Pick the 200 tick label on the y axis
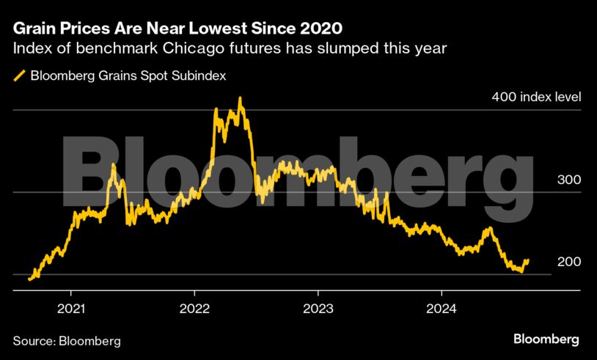568,262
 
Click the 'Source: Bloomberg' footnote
67,341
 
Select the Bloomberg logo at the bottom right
546,339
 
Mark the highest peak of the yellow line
241,98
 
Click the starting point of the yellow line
29,279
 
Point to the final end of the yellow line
528,260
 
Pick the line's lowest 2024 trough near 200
520,271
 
